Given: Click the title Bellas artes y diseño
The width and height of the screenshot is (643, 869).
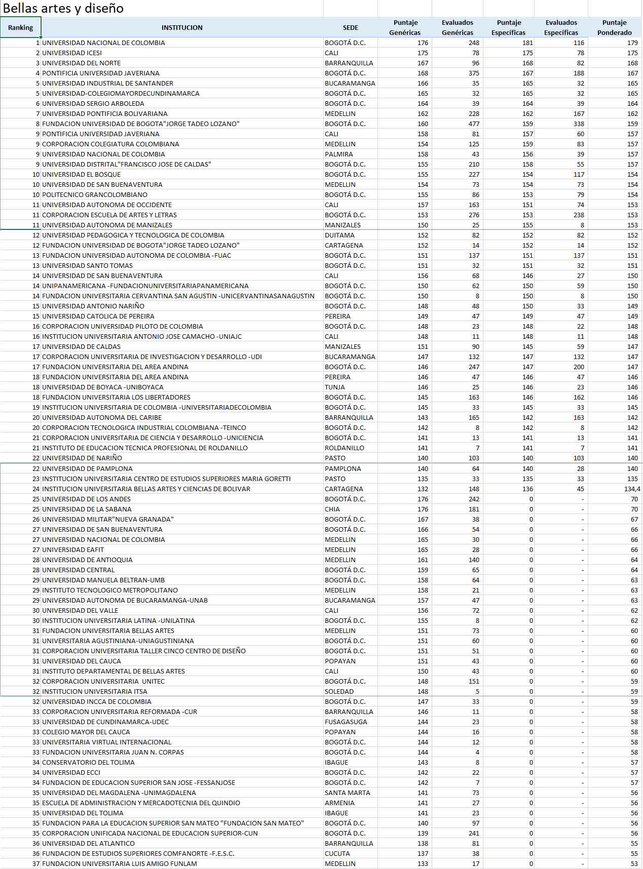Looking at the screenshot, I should [63, 8].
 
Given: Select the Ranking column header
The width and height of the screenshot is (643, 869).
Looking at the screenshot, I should [20, 28].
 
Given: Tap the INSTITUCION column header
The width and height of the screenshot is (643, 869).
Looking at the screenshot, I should [182, 28].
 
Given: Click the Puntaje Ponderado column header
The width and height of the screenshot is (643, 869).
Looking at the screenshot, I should [614, 28].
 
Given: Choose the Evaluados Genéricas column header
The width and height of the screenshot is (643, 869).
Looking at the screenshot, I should [457, 28].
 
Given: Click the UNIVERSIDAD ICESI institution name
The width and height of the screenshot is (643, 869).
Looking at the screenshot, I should [72, 53].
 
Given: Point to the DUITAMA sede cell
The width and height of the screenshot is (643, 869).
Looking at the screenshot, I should [339, 235].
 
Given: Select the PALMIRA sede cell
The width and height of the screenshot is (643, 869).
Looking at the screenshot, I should [339, 154].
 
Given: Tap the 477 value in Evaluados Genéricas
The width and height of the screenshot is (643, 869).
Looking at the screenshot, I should [474, 124].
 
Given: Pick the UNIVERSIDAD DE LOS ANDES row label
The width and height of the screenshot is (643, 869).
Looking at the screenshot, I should [86, 499].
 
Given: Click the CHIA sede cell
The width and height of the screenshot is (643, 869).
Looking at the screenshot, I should [332, 509].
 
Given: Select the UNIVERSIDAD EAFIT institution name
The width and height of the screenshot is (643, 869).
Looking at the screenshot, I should [73, 550].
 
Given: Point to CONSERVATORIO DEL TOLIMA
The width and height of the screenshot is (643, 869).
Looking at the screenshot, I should [88, 763].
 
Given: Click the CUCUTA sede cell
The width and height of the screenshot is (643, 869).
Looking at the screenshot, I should [336, 854].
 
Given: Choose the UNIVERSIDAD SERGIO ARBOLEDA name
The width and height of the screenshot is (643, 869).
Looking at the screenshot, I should [93, 104].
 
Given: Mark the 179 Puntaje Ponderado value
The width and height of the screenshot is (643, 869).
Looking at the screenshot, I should [632, 43].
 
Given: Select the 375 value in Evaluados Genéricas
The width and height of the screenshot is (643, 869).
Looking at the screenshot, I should [474, 73].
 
